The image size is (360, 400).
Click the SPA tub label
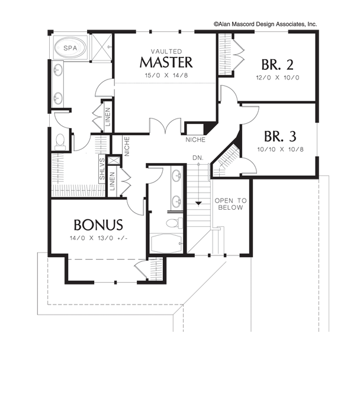pos(70,48)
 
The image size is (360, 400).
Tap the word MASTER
pos(166,62)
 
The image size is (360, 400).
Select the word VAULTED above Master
pos(166,52)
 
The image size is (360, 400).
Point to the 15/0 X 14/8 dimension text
pos(166,75)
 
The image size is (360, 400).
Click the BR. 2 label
pos(277,65)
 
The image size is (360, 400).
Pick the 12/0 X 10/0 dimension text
pos(278,78)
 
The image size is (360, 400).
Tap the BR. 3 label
pos(280,136)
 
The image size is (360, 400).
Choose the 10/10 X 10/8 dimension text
pos(281,149)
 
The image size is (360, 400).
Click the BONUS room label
pos(98,225)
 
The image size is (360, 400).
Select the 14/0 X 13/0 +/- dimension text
pos(99,238)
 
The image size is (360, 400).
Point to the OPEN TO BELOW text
pos(230,204)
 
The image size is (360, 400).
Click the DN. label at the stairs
pos(198,158)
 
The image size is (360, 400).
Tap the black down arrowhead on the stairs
pos(198,203)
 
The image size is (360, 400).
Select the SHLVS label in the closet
pos(102,169)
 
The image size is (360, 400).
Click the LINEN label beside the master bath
pos(108,117)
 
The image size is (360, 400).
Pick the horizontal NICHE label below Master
pos(195,140)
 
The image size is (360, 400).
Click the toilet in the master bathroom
pos(60,142)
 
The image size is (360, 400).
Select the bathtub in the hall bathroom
pos(167,244)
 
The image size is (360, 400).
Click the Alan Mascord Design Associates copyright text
pos(265,24)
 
